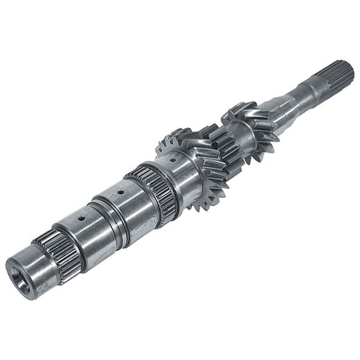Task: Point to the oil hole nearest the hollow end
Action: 80,218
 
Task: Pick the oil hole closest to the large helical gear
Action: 170,160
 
